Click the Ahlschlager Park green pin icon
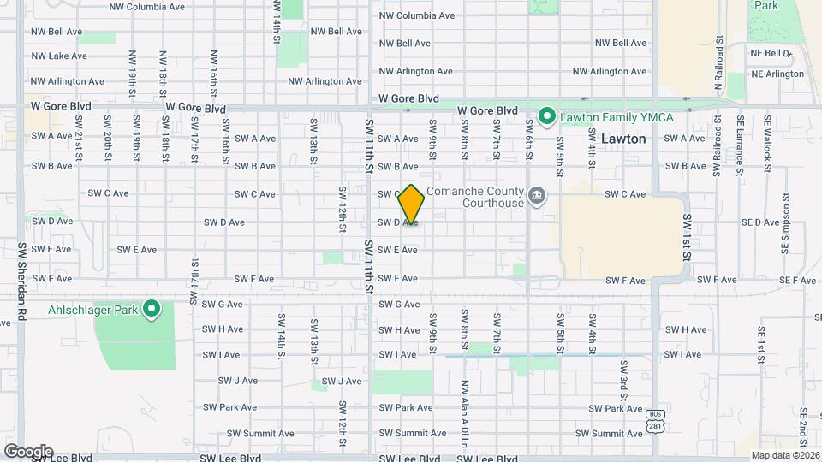pyautogui.click(x=152, y=308)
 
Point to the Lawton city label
pyautogui.click(x=623, y=139)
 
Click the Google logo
pyautogui.click(x=28, y=451)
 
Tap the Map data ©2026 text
pyautogui.click(x=785, y=455)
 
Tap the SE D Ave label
pyautogui.click(x=760, y=222)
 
